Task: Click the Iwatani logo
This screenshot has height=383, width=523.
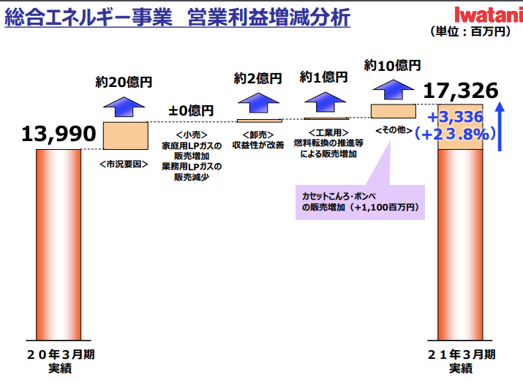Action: [489, 15]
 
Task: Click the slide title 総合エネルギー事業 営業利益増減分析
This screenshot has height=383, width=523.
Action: [177, 17]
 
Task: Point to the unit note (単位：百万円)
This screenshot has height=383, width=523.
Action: [470, 31]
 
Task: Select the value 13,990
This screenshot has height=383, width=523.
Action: [59, 134]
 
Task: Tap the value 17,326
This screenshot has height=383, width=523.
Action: [461, 91]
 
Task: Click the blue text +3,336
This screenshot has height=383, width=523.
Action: [455, 117]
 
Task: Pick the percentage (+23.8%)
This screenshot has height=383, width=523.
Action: [455, 134]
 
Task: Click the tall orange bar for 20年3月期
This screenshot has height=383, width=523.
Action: [59, 245]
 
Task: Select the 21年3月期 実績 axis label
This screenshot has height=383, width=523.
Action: [461, 361]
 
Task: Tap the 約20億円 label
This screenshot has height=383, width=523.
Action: [124, 82]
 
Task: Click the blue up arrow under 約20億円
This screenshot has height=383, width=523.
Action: [124, 107]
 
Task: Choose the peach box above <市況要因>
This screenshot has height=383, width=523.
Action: [125, 136]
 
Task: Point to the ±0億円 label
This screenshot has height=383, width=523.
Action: [191, 110]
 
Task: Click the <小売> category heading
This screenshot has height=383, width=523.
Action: [192, 134]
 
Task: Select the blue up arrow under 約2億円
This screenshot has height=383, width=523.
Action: [258, 103]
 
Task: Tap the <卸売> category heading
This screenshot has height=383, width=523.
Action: [257, 134]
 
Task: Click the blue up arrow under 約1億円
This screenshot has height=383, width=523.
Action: [326, 102]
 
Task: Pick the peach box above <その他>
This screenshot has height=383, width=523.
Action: [394, 111]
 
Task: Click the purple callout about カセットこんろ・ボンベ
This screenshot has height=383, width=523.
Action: [360, 202]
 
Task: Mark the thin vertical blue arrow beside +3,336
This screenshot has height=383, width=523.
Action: [500, 126]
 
